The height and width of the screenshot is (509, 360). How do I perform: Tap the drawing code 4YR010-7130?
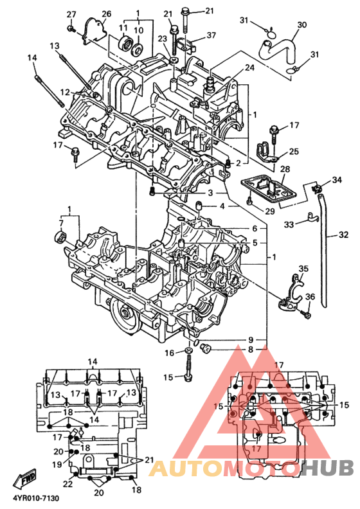tap(36, 498)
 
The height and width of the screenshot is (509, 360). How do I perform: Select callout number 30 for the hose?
tap(302, 24)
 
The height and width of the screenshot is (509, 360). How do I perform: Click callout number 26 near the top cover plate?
tap(107, 13)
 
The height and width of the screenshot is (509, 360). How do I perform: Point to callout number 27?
tap(71, 14)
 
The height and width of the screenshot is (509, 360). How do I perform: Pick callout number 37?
tap(211, 35)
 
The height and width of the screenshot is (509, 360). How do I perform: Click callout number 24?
tap(249, 67)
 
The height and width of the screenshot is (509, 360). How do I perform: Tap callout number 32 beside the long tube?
tap(343, 235)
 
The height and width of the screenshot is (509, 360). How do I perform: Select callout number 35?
tap(303, 269)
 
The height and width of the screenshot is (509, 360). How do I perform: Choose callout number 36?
tap(310, 296)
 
